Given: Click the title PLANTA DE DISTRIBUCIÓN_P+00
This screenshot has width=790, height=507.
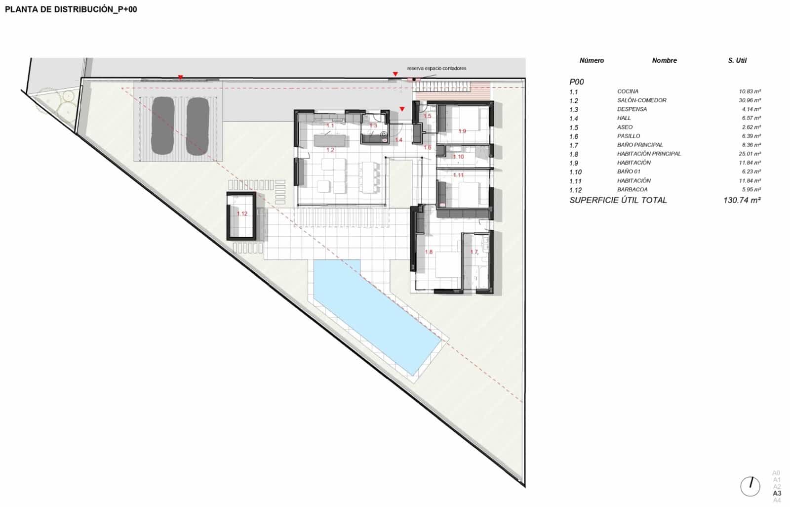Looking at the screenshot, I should (71, 9).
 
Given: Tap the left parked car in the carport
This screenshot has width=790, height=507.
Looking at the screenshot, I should (162, 126).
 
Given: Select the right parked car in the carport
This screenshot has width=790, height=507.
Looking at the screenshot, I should (198, 126).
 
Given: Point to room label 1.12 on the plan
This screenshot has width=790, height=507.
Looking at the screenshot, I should (242, 214).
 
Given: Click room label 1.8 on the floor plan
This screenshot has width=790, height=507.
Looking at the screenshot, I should (429, 252).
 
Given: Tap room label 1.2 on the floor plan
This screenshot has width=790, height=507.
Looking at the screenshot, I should (330, 150).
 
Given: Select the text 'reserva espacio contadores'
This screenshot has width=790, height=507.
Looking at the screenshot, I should (436, 68).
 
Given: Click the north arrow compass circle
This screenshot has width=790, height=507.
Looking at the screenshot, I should (750, 486).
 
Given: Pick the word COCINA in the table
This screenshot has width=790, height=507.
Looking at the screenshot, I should (628, 91).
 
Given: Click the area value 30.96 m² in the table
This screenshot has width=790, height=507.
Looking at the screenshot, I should (750, 100).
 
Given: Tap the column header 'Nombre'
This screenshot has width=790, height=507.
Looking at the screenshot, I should (664, 60).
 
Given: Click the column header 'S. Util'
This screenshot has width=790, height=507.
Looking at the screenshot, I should (737, 60).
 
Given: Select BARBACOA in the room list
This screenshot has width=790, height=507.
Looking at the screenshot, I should (632, 189).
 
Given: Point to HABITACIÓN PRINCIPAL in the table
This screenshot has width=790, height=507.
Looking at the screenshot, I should (649, 154).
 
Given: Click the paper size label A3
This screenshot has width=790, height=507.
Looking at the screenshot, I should (777, 493).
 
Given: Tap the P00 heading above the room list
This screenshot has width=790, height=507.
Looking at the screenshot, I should (576, 82).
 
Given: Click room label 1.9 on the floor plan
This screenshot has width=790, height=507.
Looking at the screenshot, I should (462, 131).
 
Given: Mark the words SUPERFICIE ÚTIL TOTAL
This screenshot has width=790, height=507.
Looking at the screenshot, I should (618, 200).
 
